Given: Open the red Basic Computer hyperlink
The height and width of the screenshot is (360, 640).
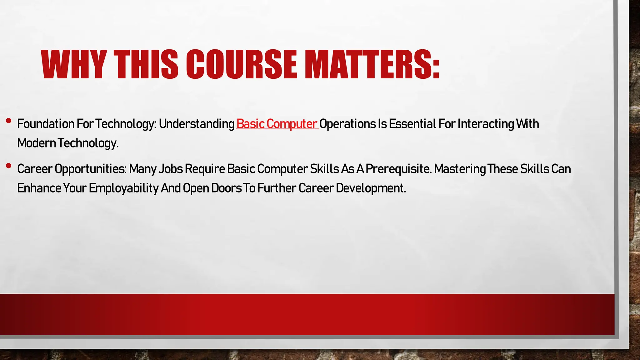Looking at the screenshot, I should click(277, 124).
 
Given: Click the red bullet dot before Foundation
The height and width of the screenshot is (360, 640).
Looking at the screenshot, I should click(9, 121).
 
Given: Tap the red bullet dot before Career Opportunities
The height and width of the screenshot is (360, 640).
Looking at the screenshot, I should click(9, 166).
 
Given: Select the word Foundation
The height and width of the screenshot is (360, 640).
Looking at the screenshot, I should click(46, 124).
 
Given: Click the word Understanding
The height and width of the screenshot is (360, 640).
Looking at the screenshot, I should click(197, 124).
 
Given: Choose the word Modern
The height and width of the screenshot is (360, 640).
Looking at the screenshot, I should click(37, 143).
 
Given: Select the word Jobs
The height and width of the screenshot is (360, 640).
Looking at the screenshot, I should click(171, 169).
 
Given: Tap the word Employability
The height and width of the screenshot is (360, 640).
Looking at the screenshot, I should click(124, 188).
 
